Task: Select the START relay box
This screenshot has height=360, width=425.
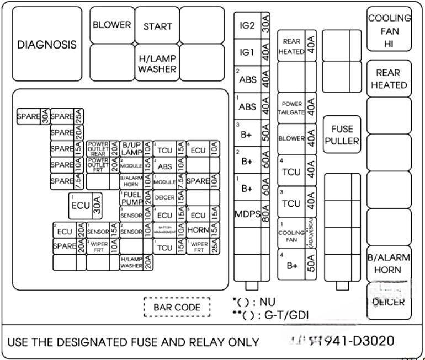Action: point(157,26)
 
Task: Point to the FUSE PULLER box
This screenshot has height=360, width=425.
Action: point(342,135)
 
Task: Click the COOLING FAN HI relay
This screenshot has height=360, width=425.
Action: point(389,31)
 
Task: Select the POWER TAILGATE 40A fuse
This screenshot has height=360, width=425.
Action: point(297,108)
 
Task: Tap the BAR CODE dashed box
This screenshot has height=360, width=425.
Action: point(177,307)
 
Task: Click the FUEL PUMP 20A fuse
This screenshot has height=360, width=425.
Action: point(136,198)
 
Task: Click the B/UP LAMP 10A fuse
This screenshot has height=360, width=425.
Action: point(136,149)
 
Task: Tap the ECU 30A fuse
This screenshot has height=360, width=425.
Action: point(86,205)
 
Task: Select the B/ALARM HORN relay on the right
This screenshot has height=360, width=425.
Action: point(389,265)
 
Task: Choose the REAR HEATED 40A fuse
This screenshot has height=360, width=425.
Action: point(297,46)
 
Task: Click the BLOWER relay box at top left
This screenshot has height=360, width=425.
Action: point(112,25)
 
